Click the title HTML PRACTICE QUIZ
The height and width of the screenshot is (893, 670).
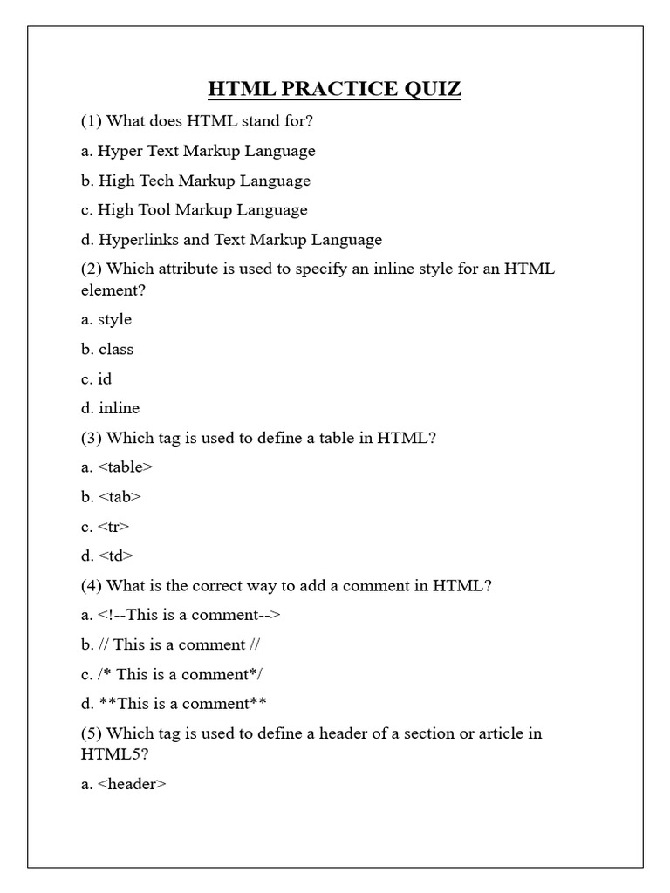coord(334,89)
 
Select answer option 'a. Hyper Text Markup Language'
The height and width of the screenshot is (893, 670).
coord(198,151)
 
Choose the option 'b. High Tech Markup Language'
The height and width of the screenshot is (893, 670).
coord(195,181)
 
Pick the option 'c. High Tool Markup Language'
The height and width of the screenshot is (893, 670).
coord(194,210)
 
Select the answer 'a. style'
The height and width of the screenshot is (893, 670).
coord(106,319)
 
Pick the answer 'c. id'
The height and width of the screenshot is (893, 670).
coord(97,378)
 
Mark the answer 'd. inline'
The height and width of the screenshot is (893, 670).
coord(110,408)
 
